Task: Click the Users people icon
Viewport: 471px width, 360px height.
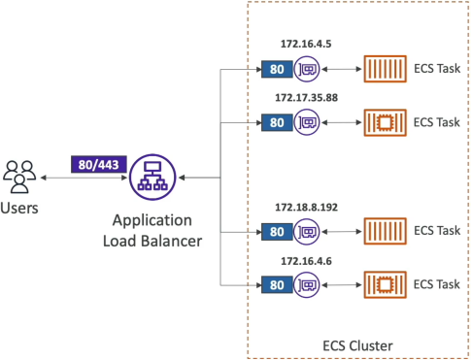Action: coord(19,177)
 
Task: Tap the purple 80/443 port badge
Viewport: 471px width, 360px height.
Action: coord(99,165)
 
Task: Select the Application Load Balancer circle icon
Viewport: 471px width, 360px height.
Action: coord(152,178)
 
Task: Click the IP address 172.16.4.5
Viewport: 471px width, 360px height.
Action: coord(306,44)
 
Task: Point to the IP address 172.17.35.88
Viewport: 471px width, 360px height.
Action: coord(306,97)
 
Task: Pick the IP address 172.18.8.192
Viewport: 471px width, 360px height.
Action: coord(306,207)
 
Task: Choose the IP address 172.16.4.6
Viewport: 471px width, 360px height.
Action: coord(306,261)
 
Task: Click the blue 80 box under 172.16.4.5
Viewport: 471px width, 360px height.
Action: coord(277,69)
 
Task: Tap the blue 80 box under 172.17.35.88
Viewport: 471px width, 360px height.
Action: coord(277,122)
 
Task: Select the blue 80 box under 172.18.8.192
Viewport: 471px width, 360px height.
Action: coord(277,232)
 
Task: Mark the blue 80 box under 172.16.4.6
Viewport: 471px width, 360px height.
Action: coord(277,285)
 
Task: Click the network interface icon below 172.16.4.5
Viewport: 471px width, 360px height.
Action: coord(307,69)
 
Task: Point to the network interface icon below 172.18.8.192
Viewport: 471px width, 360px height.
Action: coord(307,231)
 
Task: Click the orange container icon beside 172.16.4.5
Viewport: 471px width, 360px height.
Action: coord(386,69)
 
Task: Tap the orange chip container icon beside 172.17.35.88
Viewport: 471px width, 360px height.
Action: coord(386,122)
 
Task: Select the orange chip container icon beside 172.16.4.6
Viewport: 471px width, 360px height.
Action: coord(386,284)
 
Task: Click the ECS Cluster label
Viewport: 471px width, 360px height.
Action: coord(357,345)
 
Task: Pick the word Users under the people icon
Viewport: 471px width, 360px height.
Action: coord(19,208)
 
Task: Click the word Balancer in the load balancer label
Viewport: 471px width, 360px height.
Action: coord(172,241)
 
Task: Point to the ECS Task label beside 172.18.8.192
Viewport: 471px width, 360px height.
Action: coord(437,231)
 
